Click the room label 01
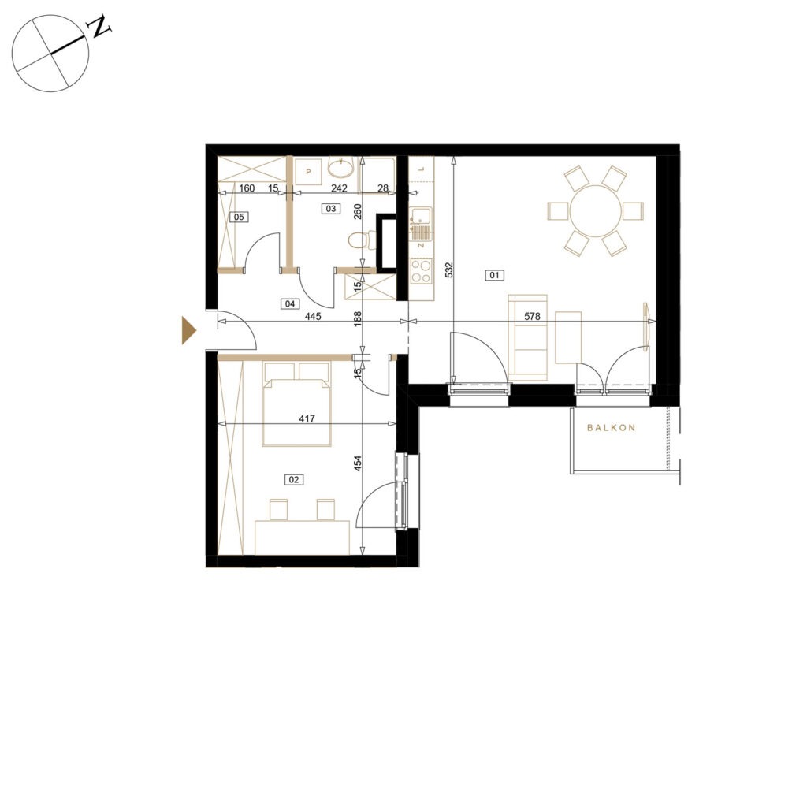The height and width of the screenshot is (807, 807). pyautogui.click(x=494, y=275)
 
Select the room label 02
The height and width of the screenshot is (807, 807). pyautogui.click(x=293, y=480)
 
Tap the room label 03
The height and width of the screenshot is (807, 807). pyautogui.click(x=330, y=208)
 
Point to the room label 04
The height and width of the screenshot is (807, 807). pyautogui.click(x=290, y=304)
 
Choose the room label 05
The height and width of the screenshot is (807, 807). pyautogui.click(x=239, y=218)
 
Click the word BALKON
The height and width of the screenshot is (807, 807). pyautogui.click(x=611, y=428)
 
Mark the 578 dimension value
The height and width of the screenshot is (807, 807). pyautogui.click(x=532, y=317)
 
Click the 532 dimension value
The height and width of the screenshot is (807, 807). pyautogui.click(x=448, y=271)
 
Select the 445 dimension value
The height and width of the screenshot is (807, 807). pyautogui.click(x=313, y=317)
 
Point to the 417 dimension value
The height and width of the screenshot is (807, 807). pyautogui.click(x=307, y=419)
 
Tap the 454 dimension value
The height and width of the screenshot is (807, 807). pyautogui.click(x=359, y=463)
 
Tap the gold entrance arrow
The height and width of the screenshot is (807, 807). pyautogui.click(x=189, y=330)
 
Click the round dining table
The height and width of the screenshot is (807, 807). pyautogui.click(x=596, y=211)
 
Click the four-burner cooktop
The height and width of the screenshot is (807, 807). pyautogui.click(x=421, y=271)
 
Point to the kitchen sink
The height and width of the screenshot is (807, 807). pyautogui.click(x=421, y=225)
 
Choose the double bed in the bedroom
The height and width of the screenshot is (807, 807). pyautogui.click(x=296, y=404)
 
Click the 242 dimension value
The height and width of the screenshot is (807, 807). pyautogui.click(x=339, y=188)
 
